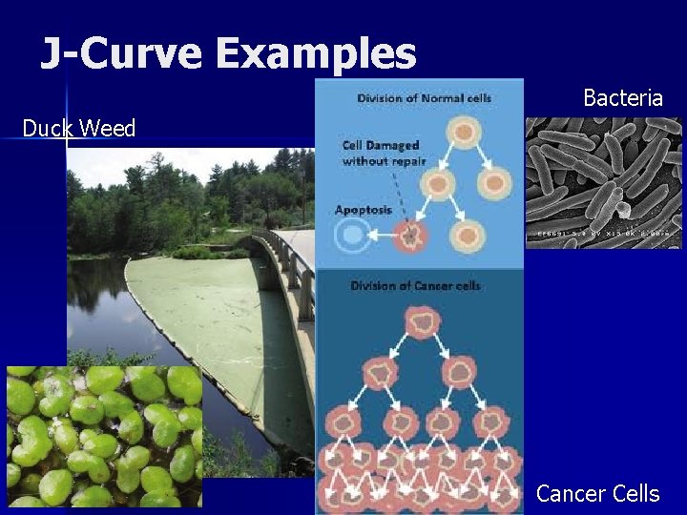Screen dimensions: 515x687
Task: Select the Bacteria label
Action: [x=622, y=97]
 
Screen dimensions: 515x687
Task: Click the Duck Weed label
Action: [x=79, y=128]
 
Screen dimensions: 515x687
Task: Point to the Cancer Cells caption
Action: [x=597, y=493]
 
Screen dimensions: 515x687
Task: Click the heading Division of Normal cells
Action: [x=424, y=98]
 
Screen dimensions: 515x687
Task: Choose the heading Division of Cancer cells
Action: [x=415, y=286]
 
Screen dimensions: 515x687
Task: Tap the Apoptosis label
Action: [x=363, y=210]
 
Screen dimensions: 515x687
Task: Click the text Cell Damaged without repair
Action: [x=380, y=153]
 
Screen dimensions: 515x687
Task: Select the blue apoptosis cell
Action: [x=354, y=235]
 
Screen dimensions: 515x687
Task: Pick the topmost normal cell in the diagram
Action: [x=463, y=132]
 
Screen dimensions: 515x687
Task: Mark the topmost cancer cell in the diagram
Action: [x=420, y=323]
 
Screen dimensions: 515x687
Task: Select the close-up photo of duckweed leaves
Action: [x=103, y=436]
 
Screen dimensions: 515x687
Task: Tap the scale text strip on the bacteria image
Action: [x=603, y=233]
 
